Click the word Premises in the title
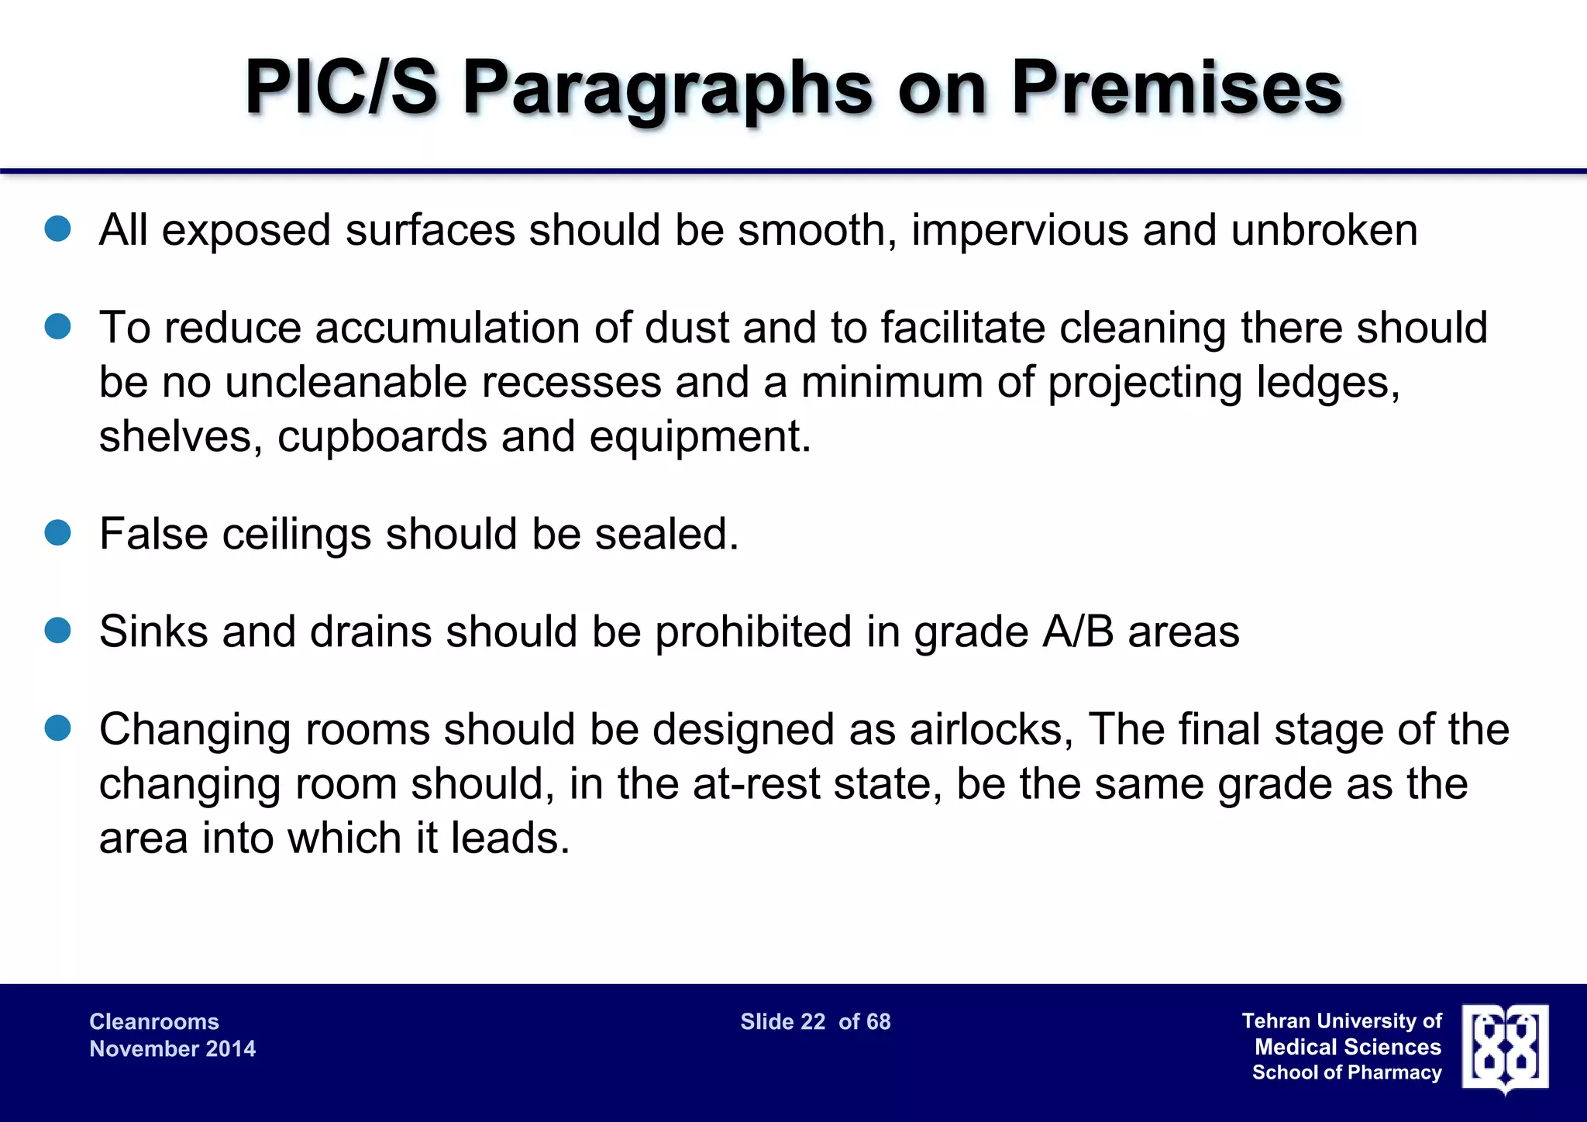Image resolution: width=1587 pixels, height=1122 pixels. [1176, 88]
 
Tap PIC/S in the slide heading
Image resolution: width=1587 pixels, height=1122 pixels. [342, 88]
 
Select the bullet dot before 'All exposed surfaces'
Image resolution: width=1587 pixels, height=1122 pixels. [58, 229]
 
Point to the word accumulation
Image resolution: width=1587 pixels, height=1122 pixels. [447, 328]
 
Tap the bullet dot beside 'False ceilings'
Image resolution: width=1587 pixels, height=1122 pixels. [58, 532]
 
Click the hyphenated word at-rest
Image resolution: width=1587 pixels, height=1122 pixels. [756, 784]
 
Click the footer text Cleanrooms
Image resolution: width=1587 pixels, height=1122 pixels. [154, 1021]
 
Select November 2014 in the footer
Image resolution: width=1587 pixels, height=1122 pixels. [172, 1048]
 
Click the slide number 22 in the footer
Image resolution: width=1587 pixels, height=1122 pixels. [812, 1021]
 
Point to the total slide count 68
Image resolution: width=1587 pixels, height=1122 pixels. [878, 1021]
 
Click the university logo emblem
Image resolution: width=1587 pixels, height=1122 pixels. [1505, 1048]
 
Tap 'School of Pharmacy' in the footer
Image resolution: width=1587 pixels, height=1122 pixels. [1347, 1072]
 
